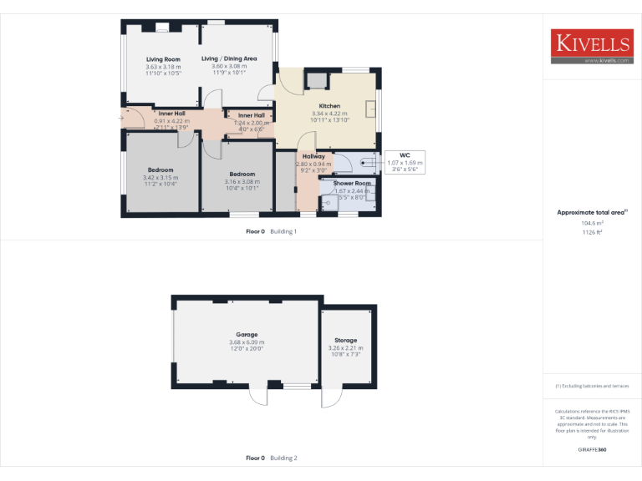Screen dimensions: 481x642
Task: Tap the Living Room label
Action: (x=163, y=59)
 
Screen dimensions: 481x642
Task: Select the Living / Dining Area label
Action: (x=229, y=58)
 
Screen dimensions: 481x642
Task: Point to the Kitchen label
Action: (x=329, y=106)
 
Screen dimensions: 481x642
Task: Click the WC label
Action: (x=405, y=154)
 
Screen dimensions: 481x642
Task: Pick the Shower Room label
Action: (x=352, y=183)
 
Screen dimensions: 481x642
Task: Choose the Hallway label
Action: (x=313, y=156)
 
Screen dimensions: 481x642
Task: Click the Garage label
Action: (x=247, y=334)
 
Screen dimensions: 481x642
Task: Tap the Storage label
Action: (x=346, y=340)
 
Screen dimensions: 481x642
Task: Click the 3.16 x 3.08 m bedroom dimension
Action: (x=242, y=181)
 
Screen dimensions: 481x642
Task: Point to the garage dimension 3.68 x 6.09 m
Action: (x=247, y=342)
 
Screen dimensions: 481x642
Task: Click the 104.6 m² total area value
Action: (x=592, y=223)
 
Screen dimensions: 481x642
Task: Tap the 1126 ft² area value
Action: (x=592, y=232)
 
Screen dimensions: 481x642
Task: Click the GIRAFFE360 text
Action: (x=592, y=449)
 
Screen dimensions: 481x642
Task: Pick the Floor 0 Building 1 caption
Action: (x=272, y=230)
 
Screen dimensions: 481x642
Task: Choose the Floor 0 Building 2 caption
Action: (x=272, y=458)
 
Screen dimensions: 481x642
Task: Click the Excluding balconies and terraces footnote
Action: (x=592, y=386)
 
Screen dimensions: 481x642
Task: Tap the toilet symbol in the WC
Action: (x=365, y=163)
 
